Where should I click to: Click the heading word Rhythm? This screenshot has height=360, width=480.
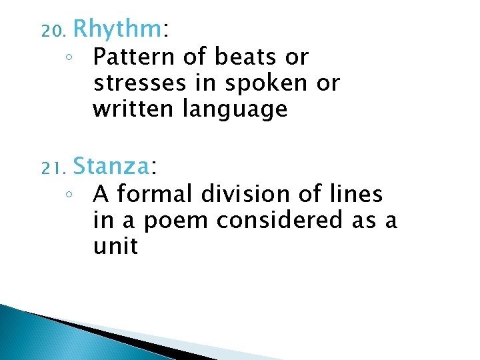(x=117, y=30)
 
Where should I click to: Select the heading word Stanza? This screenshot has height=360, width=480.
(x=112, y=165)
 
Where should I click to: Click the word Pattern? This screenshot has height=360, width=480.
(x=131, y=57)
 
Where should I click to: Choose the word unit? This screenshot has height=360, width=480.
(x=116, y=246)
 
